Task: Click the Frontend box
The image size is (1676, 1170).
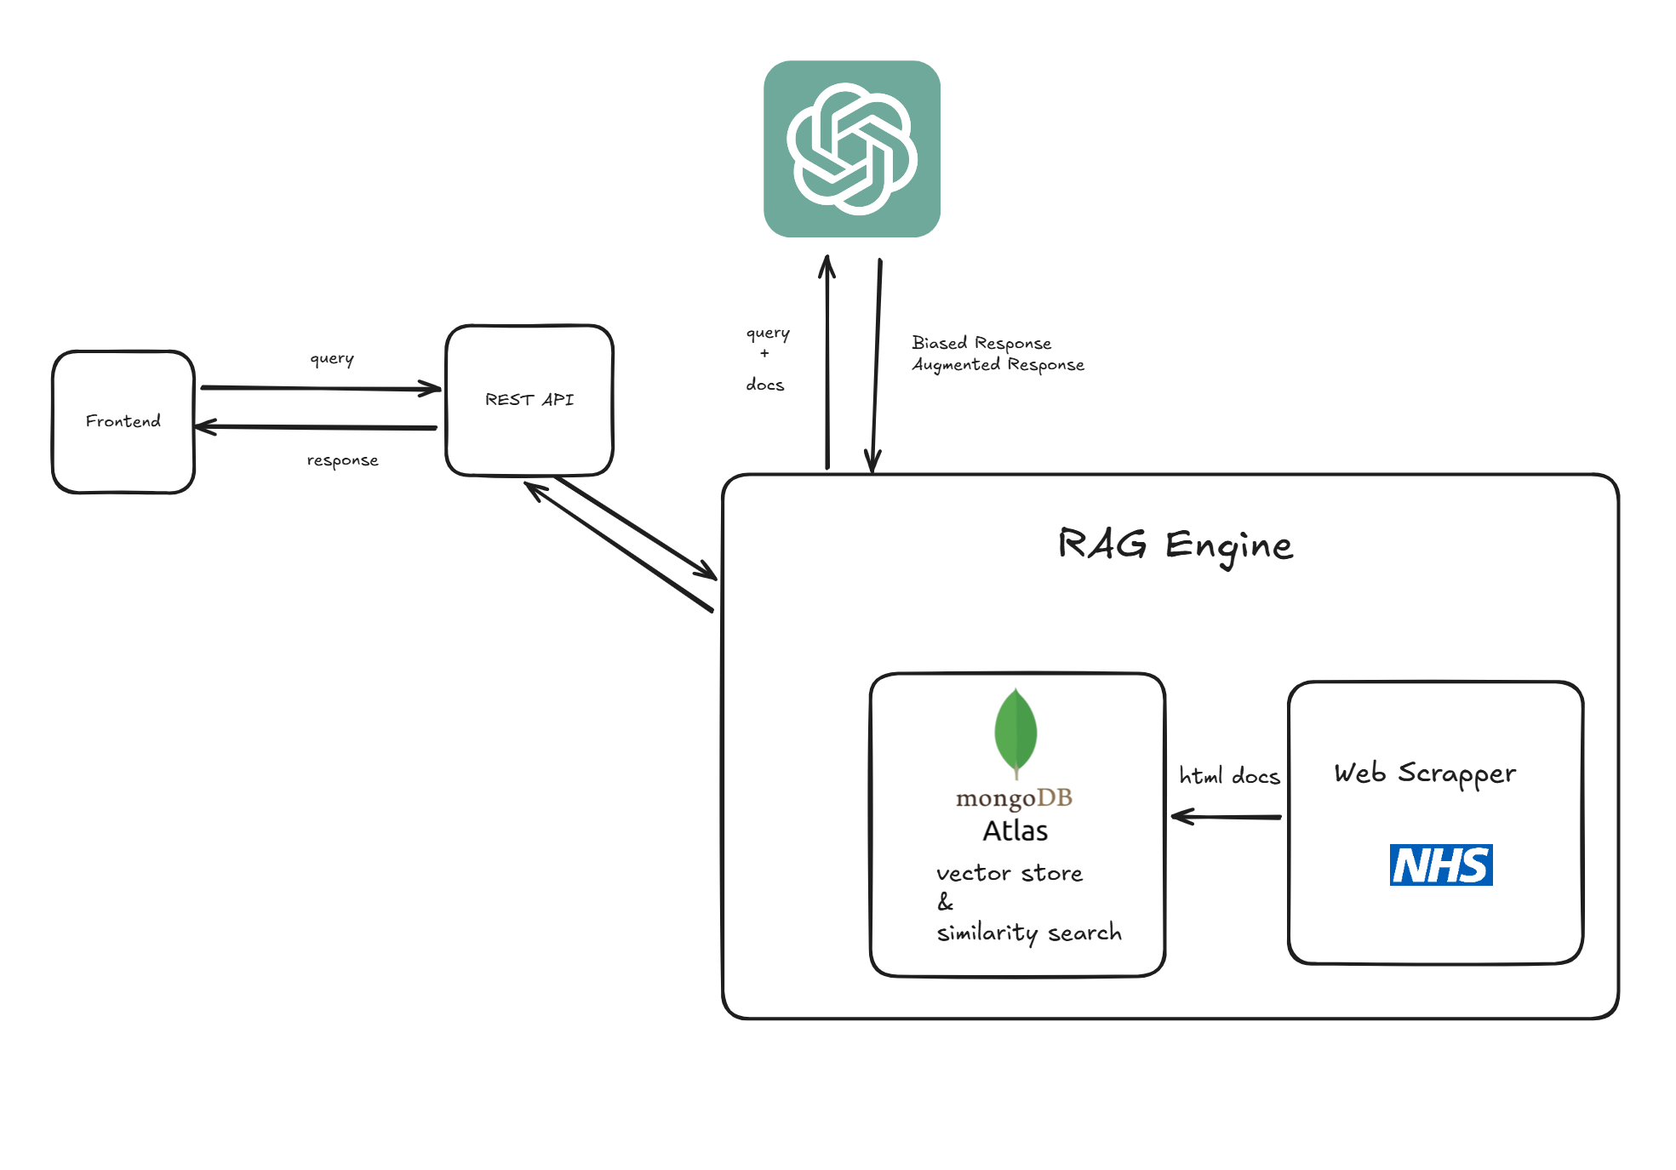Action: [123, 422]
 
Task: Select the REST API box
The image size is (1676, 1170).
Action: [529, 400]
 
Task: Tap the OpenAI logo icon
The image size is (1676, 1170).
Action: [852, 149]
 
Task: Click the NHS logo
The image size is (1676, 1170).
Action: [1441, 865]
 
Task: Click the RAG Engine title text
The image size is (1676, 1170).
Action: [1175, 545]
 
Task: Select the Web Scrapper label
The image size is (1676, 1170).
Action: [1425, 773]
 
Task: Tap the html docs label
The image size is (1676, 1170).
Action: [1229, 776]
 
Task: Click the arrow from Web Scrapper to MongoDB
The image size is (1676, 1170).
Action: [1226, 817]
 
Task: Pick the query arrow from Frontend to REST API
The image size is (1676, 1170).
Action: [321, 389]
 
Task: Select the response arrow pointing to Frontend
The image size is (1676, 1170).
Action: [316, 427]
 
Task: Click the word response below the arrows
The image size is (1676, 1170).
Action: [342, 460]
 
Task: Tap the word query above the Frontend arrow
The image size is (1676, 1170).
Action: [332, 358]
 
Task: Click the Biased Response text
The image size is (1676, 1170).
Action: [981, 343]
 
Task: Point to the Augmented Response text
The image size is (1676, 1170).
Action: [998, 365]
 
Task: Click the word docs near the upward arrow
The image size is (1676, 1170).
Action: [765, 385]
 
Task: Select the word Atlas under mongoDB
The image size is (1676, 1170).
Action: [1015, 831]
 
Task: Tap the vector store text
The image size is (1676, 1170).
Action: [1010, 874]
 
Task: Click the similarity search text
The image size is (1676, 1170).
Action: [1029, 933]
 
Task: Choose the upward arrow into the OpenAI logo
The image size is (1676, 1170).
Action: [827, 362]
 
